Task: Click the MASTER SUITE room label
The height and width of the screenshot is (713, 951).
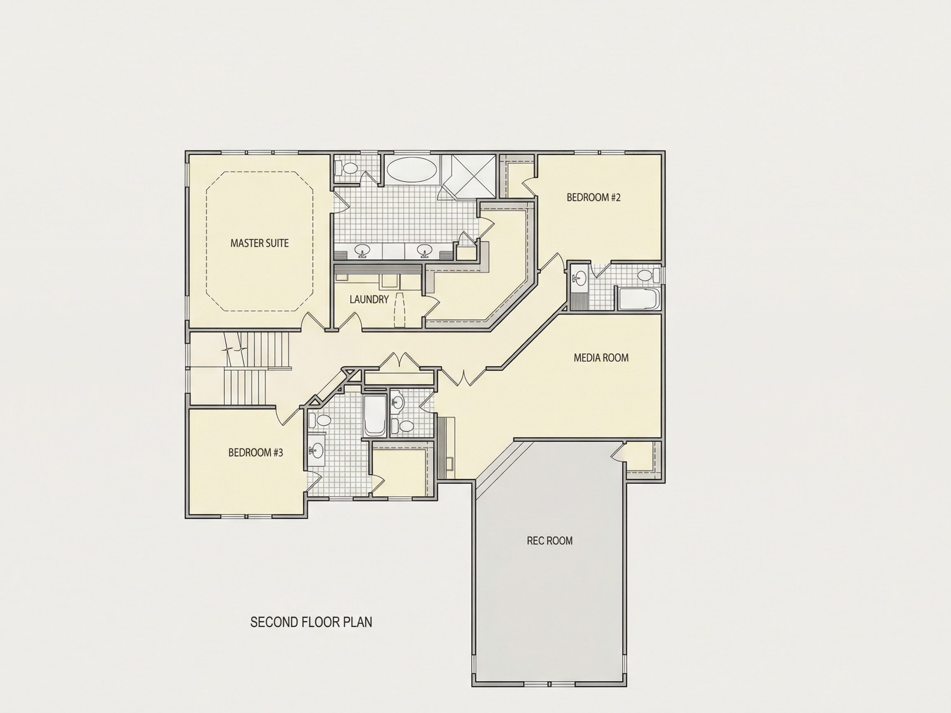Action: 259,243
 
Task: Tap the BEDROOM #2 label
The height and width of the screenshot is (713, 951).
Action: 593,197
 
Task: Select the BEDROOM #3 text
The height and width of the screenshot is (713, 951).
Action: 255,453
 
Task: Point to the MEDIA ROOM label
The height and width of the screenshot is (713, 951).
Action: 601,358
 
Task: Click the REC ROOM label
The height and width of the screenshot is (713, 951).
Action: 549,541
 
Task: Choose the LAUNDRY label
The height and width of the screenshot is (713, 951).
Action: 369,300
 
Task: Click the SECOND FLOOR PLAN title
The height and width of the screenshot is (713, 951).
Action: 311,622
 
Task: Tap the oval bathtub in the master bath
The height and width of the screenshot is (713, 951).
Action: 412,170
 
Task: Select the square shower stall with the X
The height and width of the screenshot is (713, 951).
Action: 469,176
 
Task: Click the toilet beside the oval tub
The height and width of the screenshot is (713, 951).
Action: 345,168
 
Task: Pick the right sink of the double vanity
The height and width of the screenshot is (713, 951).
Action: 425,250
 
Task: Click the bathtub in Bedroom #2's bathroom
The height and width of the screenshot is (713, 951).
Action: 639,299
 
